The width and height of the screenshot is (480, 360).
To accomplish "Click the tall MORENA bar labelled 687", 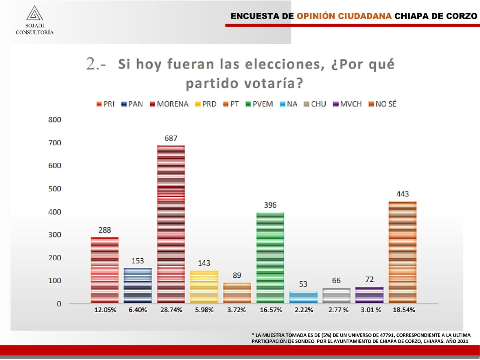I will tap(171, 224).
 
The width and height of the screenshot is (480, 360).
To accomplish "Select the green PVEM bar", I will tap(270, 258).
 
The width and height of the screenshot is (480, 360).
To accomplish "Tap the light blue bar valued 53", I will tap(303, 297).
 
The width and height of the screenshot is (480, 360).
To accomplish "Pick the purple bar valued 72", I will tap(369, 295).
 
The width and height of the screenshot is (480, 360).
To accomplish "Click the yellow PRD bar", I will tap(204, 287).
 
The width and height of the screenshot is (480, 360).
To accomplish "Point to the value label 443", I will tap(402, 194).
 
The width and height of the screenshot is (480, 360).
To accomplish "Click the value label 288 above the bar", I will tap(105, 230).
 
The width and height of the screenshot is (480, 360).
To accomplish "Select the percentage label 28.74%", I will tap(171, 310).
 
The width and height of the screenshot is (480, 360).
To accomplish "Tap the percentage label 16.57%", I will tap(271, 310).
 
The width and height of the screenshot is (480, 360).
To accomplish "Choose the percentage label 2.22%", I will tap(304, 310).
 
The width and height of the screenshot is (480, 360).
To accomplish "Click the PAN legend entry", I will tap(132, 104).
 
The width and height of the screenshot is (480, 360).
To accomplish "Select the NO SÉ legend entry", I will tap(382, 104).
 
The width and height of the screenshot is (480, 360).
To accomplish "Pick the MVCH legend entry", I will tap(348, 104).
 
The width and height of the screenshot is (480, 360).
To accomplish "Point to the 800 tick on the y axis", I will tap(55, 120).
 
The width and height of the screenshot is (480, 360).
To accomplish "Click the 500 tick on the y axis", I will tap(55, 189).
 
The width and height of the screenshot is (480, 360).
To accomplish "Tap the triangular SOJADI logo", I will tap(34, 13).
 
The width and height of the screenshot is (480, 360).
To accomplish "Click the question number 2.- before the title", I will tap(96, 64).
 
